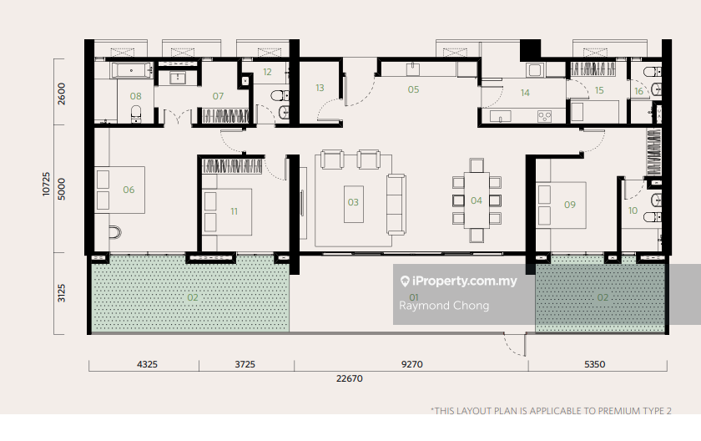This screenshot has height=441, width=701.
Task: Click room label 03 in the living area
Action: click(x=353, y=202)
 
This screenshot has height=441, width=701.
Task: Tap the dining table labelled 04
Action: click(x=477, y=200)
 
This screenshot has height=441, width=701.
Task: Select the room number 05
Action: click(x=414, y=89)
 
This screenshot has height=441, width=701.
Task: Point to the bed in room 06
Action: click(x=120, y=190)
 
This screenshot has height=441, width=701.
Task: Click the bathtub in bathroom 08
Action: click(x=132, y=71)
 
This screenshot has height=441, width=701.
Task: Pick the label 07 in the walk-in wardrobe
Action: click(x=218, y=96)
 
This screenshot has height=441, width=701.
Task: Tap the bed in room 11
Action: click(x=227, y=212)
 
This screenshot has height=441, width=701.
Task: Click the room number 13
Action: click(x=320, y=88)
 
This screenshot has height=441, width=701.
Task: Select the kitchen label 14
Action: click(x=525, y=93)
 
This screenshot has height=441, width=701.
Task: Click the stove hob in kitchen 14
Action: click(x=544, y=117)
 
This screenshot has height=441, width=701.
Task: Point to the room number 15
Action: click(x=599, y=90)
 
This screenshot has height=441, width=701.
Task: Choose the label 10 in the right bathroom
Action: click(x=633, y=210)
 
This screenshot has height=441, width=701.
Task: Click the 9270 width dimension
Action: click(x=411, y=364)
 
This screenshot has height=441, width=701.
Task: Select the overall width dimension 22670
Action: click(x=350, y=378)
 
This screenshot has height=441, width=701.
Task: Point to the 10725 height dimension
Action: click(x=46, y=184)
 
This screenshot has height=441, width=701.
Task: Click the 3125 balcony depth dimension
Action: click(x=61, y=293)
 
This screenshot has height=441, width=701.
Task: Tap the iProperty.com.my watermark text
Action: click(x=465, y=281)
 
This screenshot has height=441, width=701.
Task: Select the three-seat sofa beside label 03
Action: click(x=396, y=205)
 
